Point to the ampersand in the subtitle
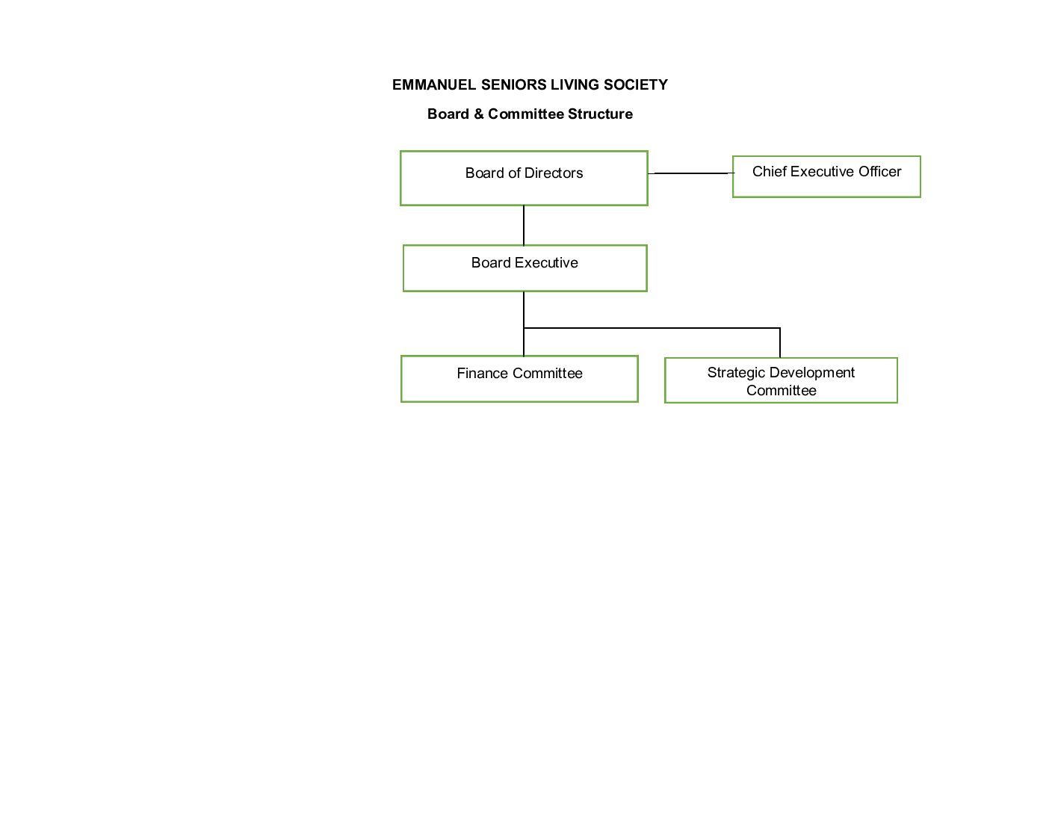(x=478, y=114)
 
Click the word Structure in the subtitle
(x=600, y=114)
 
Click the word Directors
(x=554, y=173)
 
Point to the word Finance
(x=482, y=374)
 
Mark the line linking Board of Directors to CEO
(x=690, y=173)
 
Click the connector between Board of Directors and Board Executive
(x=524, y=225)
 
